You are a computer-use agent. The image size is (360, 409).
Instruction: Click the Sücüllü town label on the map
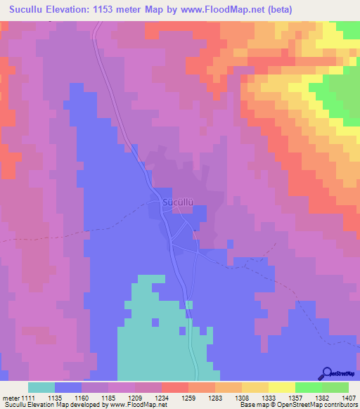pyautogui.click(x=178, y=202)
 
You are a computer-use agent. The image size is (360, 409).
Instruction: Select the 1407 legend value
pyautogui.click(x=349, y=398)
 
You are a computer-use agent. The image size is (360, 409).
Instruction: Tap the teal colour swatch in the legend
pyautogui.click(x=41, y=387)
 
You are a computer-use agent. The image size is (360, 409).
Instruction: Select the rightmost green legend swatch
pyautogui.click(x=335, y=387)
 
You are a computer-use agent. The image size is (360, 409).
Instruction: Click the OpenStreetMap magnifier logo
pyautogui.click(x=326, y=373)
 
